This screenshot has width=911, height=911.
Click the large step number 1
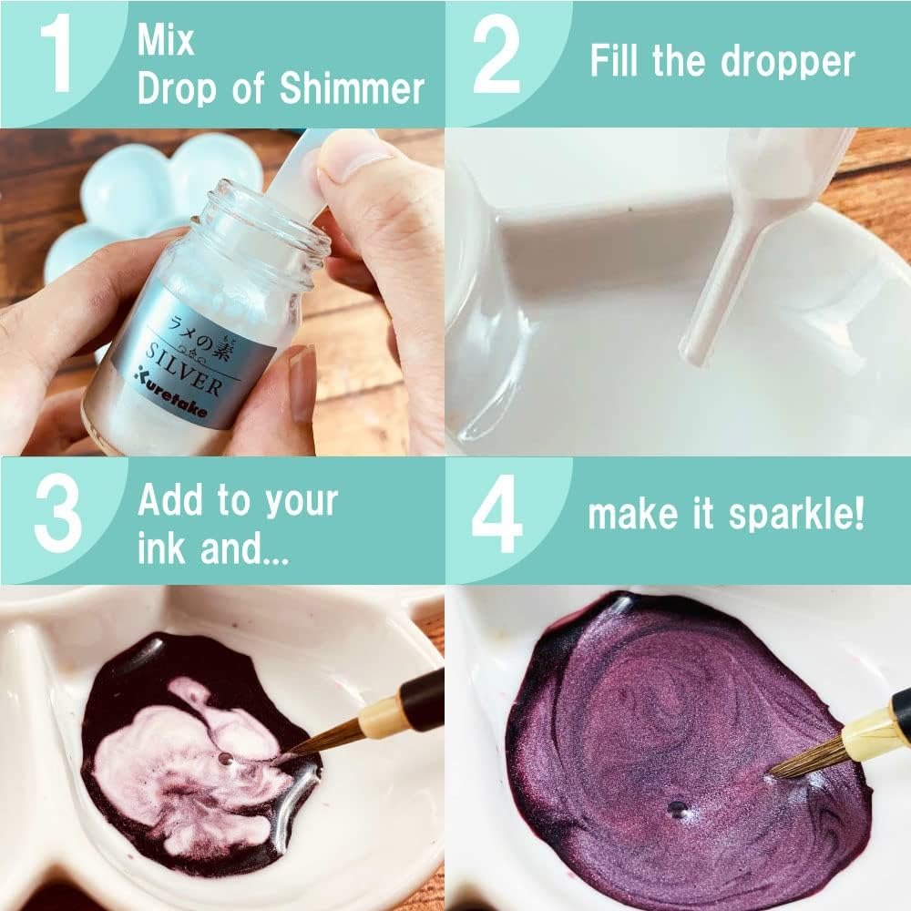point(56,53)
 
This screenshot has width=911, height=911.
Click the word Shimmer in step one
point(352,89)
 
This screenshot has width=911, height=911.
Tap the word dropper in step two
point(788,62)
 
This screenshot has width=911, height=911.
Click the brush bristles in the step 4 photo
point(808,759)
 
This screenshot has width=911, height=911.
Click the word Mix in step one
point(165,41)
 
